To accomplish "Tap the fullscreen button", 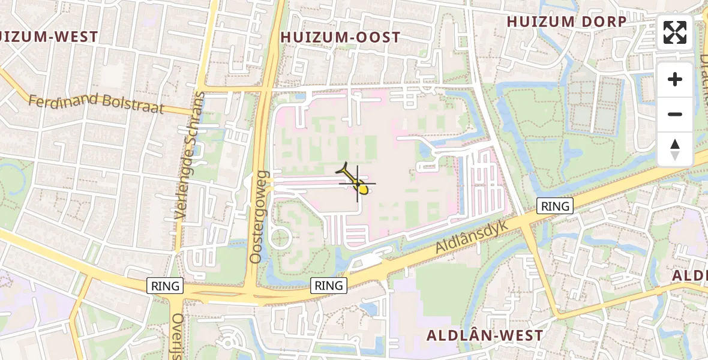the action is coord(675,32).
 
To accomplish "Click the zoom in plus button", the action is coord(675,79).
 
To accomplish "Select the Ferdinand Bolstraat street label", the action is coord(96,101).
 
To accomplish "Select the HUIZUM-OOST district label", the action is coord(340,37).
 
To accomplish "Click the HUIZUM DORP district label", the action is coord(567,22).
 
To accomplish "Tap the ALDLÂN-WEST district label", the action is coord(485,335).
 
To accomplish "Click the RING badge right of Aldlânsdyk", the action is coord(555,206).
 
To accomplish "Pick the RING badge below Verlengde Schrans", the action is coord(166,286).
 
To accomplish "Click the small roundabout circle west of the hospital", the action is coord(280,237).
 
